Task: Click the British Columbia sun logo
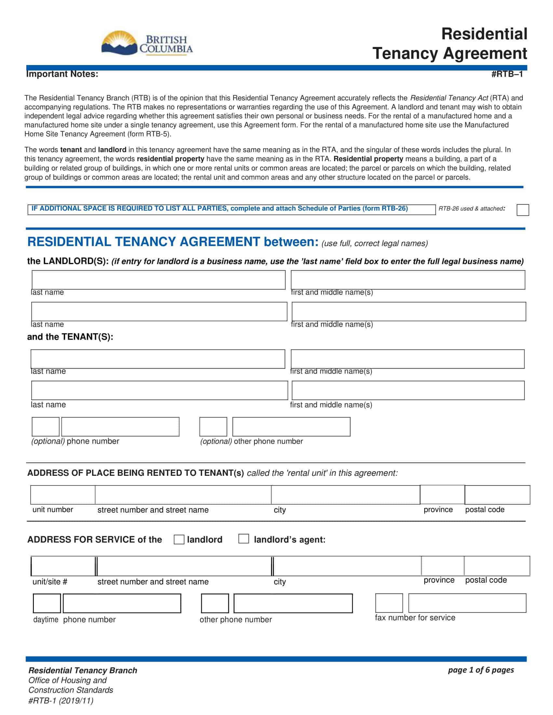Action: click(119, 43)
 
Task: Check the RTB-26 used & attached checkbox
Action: click(522, 210)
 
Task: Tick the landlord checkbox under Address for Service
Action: click(179, 539)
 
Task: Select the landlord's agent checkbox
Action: click(243, 539)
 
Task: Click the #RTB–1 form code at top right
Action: click(507, 74)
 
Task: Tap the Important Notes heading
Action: click(62, 74)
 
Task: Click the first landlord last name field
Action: click(158, 279)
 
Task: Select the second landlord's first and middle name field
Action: click(409, 311)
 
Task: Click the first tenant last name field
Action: click(158, 359)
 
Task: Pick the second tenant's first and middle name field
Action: click(408, 390)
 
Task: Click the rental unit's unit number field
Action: click(62, 495)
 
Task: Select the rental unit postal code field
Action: click(497, 495)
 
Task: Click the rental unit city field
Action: click(345, 495)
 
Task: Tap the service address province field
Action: click(443, 566)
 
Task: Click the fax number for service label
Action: click(415, 618)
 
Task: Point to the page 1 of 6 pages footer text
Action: click(480, 670)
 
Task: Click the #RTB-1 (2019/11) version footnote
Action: click(61, 701)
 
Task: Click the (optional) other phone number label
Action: click(251, 441)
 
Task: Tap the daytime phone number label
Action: click(74, 620)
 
